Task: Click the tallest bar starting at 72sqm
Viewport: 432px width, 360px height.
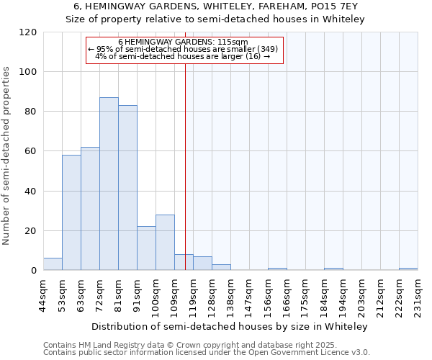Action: pyautogui.click(x=109, y=184)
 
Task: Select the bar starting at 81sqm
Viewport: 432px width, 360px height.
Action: pyautogui.click(x=127, y=188)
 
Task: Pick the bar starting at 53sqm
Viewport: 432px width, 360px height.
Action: pyautogui.click(x=71, y=212)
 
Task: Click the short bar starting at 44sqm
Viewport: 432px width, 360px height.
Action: pyautogui.click(x=53, y=264)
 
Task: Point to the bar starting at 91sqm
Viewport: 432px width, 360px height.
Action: pyautogui.click(x=146, y=248)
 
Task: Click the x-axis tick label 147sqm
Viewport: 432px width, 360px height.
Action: pyautogui.click(x=249, y=294)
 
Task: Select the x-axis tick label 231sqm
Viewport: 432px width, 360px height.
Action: pyautogui.click(x=418, y=294)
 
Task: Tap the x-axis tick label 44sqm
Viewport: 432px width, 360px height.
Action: pyautogui.click(x=43, y=294)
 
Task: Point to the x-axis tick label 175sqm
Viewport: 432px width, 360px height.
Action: pyautogui.click(x=305, y=294)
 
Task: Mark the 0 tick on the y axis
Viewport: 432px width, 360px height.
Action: pyautogui.click(x=34, y=271)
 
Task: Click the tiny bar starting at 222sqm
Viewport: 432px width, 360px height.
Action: pyautogui.click(x=408, y=269)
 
